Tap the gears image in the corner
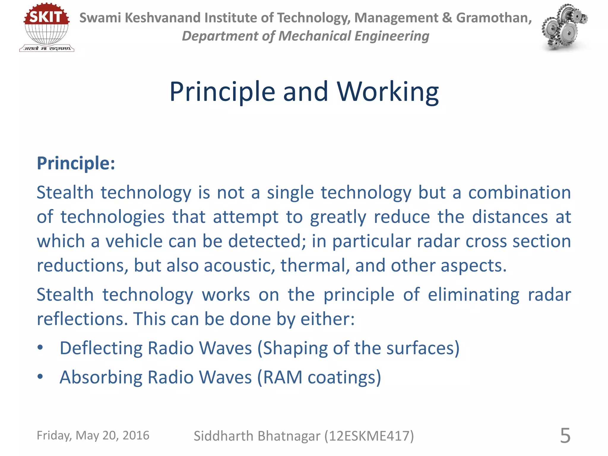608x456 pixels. [564, 27]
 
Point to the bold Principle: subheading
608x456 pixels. [76, 163]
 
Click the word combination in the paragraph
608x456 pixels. [520, 192]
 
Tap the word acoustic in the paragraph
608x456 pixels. [239, 265]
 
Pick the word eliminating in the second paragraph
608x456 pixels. [474, 294]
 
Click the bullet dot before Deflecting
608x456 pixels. [40, 348]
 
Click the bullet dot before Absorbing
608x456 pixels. [40, 377]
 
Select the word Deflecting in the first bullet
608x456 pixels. [101, 348]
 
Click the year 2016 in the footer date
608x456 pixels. [136, 436]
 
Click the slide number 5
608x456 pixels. [565, 436]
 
